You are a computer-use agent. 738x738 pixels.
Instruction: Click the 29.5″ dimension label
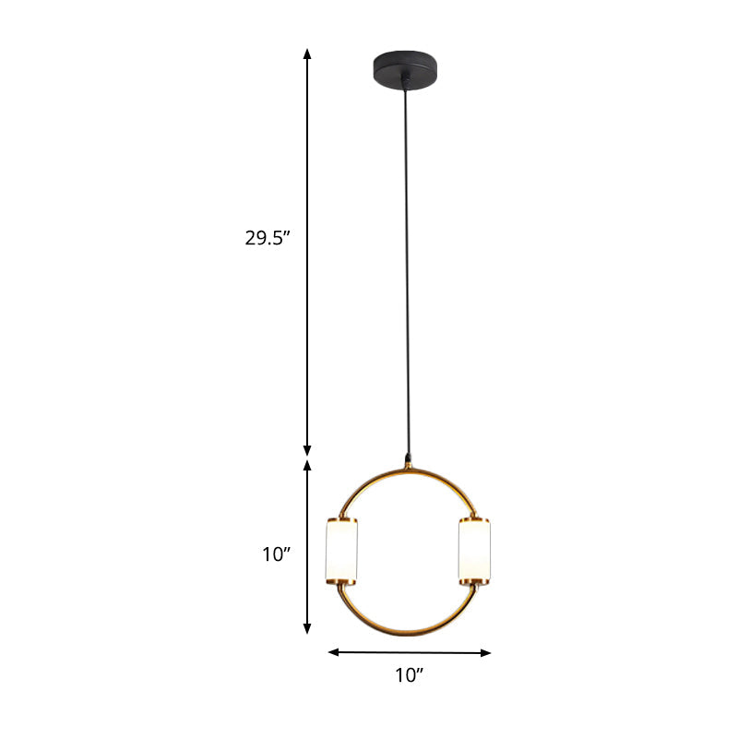click(x=268, y=237)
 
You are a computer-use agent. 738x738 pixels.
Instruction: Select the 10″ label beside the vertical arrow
click(x=276, y=554)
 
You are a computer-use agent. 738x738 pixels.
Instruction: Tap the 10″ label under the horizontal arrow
click(x=408, y=676)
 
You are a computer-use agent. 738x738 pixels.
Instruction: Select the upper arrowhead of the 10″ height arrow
click(x=308, y=466)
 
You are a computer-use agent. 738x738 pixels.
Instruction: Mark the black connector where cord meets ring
click(x=408, y=458)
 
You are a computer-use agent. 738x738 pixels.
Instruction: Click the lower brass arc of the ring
click(x=408, y=633)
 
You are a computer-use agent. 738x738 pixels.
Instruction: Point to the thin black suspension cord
click(x=406, y=277)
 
